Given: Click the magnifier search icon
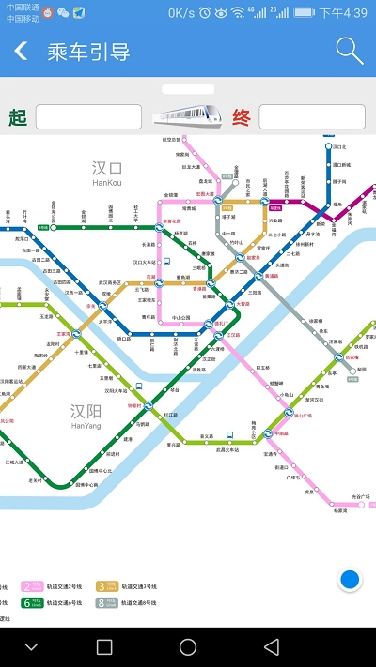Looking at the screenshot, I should [x=349, y=51].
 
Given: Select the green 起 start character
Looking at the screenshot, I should [x=17, y=117].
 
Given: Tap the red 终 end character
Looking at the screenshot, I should [x=242, y=117].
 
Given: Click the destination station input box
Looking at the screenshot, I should [x=311, y=117].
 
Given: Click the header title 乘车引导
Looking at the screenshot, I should [x=89, y=52].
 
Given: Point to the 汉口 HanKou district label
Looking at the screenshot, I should [x=107, y=172].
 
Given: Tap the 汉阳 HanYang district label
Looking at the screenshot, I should [x=86, y=415].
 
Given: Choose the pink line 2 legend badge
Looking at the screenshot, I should [x=31, y=586].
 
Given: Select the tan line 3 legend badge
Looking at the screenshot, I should [x=107, y=586].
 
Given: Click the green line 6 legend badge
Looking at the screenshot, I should [x=31, y=602].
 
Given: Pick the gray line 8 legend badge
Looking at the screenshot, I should [x=107, y=602].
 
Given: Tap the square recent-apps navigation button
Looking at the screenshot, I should [x=104, y=647].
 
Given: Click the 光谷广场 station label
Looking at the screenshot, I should [x=361, y=496].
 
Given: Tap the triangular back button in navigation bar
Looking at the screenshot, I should [x=271, y=647].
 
